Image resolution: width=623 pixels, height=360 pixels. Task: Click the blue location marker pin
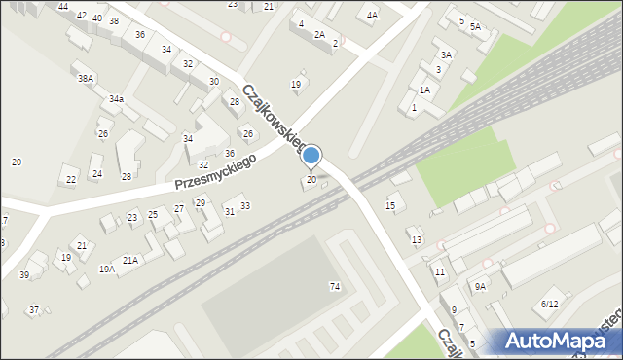pos(311,156)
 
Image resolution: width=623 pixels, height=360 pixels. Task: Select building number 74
pos(335,286)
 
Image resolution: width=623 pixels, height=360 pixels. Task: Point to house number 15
pos(390,205)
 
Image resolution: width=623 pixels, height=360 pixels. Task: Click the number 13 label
pos(417,239)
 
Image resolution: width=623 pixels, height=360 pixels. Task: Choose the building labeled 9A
pos(480,286)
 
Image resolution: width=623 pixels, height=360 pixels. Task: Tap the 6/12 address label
pos(550,305)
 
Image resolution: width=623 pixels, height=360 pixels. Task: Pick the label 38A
pos(87,78)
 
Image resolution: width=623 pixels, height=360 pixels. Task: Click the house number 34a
pos(116,99)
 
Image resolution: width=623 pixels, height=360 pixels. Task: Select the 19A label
pos(106,269)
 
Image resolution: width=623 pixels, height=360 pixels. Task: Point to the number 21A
pos(129,261)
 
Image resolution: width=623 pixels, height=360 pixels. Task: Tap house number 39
pos(24,275)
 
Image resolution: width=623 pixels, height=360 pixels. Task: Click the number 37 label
pos(34,309)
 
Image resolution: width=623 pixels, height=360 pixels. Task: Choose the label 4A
pos(372,16)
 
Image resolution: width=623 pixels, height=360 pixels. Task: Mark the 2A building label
pos(318,34)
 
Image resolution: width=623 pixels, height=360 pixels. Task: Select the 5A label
pos(474,27)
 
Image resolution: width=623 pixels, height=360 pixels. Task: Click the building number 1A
pos(424,90)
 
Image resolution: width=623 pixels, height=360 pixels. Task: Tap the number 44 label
pos(62,7)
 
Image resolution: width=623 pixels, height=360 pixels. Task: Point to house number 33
pos(245,205)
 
